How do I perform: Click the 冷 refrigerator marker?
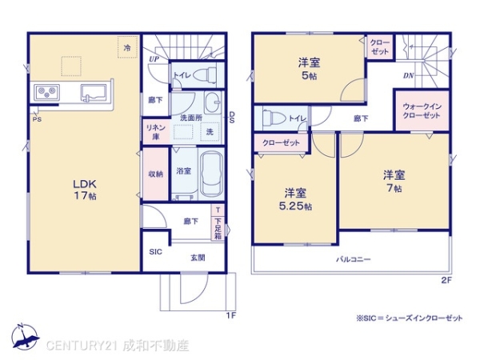[127, 48]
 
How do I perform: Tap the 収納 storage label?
[155, 174]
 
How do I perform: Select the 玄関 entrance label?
[197, 257]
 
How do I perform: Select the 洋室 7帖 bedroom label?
[392, 181]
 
